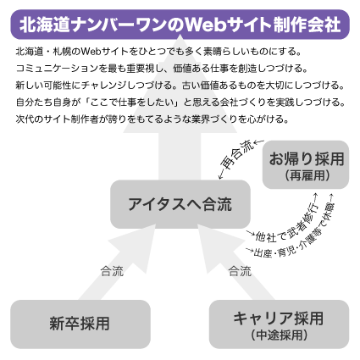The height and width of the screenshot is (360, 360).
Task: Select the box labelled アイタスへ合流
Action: (x=179, y=204)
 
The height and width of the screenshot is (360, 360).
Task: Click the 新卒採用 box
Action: (x=79, y=323)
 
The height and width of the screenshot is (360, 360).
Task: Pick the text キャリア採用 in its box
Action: (x=279, y=318)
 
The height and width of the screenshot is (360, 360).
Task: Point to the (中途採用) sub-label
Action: (x=280, y=335)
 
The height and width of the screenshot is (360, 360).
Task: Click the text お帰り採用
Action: (x=307, y=159)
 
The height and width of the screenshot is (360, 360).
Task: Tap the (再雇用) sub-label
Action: (x=307, y=176)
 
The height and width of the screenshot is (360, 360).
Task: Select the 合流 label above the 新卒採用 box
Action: (x=112, y=271)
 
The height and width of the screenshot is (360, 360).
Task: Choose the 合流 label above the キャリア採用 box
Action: (x=240, y=271)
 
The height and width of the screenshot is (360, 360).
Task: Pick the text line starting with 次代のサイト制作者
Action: (x=141, y=118)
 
